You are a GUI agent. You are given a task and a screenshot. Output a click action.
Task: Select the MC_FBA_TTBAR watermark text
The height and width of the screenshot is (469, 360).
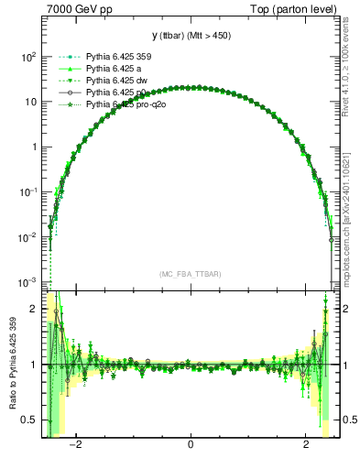[191, 274]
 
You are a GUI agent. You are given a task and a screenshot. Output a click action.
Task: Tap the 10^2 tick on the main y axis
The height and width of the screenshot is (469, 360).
[28, 57]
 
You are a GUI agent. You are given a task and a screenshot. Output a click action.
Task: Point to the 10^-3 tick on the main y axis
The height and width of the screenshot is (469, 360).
[28, 281]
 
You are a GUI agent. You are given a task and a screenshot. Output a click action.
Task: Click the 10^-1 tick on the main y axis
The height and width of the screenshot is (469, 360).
[28, 191]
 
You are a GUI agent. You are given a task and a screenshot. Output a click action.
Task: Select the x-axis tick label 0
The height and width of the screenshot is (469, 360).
[191, 446]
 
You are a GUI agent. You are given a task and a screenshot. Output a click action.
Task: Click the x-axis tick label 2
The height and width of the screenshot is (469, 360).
[307, 446]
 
